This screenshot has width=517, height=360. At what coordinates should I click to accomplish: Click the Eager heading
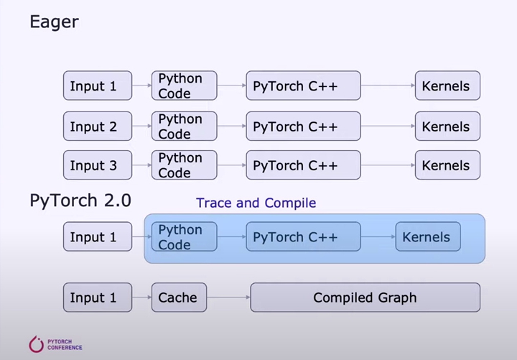click(54, 22)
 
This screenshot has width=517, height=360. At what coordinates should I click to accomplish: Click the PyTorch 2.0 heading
click(80, 200)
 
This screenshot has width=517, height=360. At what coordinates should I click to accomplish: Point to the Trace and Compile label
click(256, 203)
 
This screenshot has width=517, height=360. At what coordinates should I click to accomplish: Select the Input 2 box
click(98, 127)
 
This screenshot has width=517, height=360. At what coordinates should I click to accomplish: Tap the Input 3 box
click(98, 165)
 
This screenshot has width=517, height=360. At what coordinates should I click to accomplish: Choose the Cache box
click(179, 297)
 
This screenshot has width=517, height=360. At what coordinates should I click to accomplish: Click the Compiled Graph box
click(365, 297)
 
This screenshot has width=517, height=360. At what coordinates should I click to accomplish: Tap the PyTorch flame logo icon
click(36, 344)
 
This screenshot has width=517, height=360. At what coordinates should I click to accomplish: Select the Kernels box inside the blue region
click(427, 237)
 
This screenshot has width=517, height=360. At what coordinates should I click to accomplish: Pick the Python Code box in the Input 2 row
click(184, 127)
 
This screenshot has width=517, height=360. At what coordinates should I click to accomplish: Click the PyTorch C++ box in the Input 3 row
click(303, 165)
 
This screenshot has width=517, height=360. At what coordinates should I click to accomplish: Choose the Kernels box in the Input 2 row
click(447, 127)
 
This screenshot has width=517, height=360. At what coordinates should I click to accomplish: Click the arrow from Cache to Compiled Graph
click(228, 297)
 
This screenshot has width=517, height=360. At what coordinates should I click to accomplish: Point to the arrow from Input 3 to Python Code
click(141, 165)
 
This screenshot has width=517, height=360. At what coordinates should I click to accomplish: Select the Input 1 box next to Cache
click(98, 297)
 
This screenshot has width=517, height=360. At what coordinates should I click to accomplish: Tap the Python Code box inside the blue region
click(184, 237)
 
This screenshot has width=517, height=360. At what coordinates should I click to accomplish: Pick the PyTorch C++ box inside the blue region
click(303, 237)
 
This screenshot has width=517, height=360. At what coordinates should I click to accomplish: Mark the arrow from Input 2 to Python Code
click(141, 127)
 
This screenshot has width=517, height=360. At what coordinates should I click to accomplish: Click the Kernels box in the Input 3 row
click(447, 165)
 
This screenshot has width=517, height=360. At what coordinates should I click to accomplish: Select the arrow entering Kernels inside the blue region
click(378, 237)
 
